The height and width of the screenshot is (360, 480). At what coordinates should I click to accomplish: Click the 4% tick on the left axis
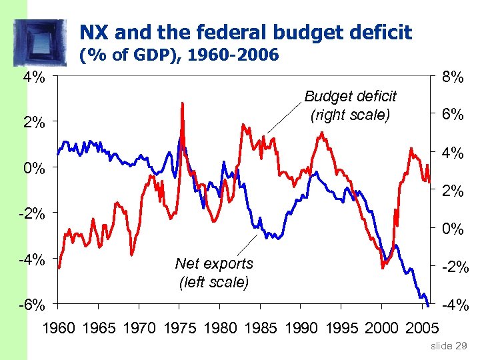click(34, 77)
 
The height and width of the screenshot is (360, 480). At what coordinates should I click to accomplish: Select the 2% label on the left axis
click(34, 123)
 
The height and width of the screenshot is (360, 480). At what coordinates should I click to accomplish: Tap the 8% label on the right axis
click(453, 77)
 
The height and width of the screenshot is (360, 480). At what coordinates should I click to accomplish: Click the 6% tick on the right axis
click(453, 115)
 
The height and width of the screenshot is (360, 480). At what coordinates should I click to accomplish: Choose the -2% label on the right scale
click(453, 267)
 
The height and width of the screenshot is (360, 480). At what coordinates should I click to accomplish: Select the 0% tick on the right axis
click(453, 229)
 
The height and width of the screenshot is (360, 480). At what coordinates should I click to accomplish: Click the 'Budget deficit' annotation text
click(350, 97)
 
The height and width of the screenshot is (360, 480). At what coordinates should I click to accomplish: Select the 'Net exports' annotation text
click(214, 264)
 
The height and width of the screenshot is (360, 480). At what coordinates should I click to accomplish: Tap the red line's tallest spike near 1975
click(182, 105)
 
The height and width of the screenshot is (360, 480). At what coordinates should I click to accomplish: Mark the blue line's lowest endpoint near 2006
click(427, 304)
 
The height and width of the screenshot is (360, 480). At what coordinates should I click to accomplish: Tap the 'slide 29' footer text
click(450, 345)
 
